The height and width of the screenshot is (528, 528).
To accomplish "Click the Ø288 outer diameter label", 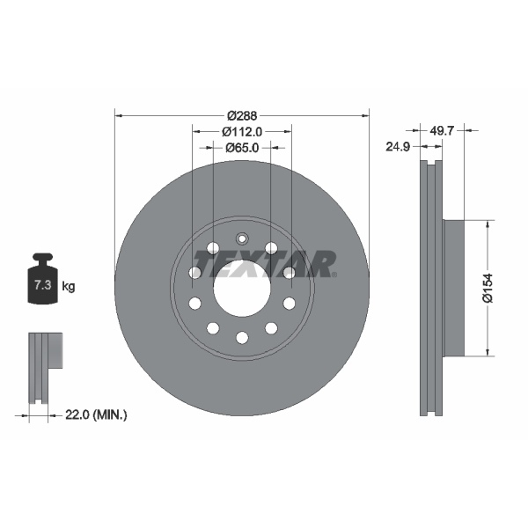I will click(241, 115).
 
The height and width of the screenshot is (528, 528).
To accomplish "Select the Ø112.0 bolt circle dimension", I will click(241, 131).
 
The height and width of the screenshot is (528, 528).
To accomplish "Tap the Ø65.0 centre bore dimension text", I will click(241, 148).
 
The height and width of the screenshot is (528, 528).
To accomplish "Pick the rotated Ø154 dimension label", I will click(487, 288).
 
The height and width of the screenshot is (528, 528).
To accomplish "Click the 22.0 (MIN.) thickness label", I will click(98, 414).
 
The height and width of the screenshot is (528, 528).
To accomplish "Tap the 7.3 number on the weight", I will click(40, 286).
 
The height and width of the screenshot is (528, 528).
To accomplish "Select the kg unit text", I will click(69, 286).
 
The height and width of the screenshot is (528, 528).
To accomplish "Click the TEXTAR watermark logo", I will click(265, 263).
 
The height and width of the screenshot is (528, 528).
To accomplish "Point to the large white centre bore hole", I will click(241, 287).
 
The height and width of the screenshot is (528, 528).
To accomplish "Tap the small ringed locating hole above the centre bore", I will click(242, 238).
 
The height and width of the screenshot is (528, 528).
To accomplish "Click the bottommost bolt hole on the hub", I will click(242, 338).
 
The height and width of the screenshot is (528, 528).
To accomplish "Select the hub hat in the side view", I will click(452, 288).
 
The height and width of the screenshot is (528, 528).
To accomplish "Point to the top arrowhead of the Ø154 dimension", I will click(487, 224).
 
